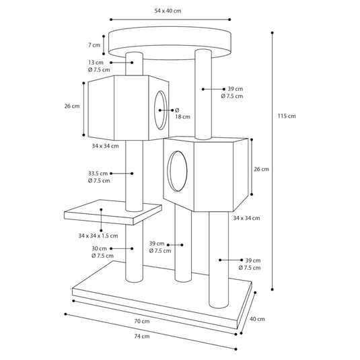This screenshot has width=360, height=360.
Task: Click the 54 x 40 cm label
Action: [168, 11]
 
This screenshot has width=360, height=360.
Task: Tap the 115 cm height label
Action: [287, 116]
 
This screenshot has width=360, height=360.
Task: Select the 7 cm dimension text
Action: [94, 45]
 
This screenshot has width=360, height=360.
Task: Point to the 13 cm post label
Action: [96, 63]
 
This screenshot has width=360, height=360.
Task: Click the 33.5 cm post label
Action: [98, 174]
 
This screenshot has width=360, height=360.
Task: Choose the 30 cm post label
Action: [99, 248]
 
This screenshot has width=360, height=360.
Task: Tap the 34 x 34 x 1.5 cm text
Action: [98, 236]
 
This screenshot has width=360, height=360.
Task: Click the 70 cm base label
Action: [142, 321]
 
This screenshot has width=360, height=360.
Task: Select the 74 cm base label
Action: [142, 336]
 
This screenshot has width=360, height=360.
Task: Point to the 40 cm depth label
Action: [257, 319]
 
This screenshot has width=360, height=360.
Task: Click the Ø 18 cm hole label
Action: [182, 114]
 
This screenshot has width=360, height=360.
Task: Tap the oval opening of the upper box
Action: [160, 110]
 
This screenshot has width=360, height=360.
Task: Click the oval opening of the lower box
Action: [177, 171]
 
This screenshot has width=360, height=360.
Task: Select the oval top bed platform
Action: [170, 43]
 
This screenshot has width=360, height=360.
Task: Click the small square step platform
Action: [113, 213]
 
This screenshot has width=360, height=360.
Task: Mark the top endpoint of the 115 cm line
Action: [273, 33]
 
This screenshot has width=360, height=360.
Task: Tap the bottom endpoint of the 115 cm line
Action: [273, 289]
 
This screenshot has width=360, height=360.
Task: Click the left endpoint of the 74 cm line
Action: [66, 314]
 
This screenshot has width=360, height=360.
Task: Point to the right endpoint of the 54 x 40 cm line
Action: [229, 20]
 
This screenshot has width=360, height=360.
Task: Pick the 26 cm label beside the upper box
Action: [72, 106]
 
